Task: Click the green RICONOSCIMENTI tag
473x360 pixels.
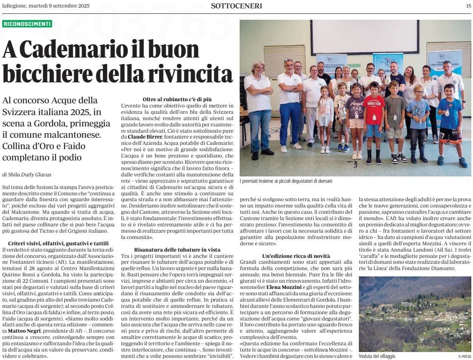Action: click(x=27, y=24)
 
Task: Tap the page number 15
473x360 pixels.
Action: click(x=468, y=6)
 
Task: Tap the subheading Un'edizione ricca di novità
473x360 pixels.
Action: click(x=296, y=255)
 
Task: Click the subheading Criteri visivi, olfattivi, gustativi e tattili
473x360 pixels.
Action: click(x=58, y=244)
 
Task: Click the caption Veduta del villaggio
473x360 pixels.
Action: click(x=377, y=356)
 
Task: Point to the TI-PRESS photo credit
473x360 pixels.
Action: click(x=464, y=356)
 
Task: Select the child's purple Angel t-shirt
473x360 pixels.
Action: click(x=356, y=108)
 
